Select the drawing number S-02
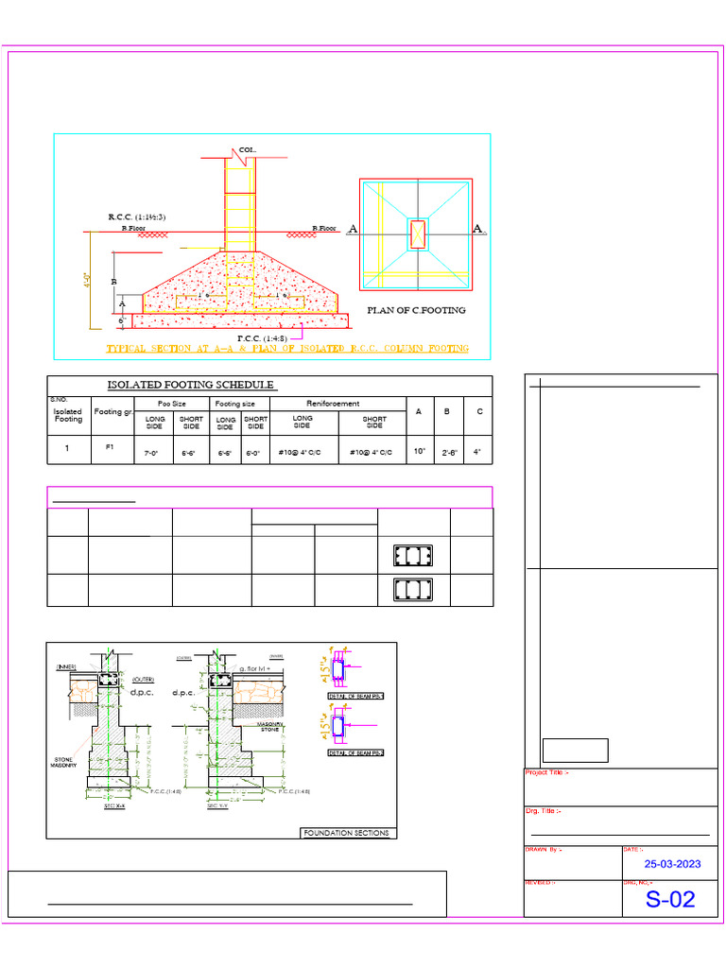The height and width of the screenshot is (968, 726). point(669,899)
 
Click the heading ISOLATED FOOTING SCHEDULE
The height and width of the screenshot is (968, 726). point(190,385)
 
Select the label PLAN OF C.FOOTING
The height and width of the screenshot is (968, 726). point(416,309)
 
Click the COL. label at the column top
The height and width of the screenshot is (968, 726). point(247,150)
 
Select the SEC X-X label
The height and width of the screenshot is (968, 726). point(114,806)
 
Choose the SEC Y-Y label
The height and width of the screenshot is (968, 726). point(217,806)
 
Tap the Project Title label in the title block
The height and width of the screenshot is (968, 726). point(546,772)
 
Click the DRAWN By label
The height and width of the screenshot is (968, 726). point(544,850)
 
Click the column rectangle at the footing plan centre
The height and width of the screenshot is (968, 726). point(417,233)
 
